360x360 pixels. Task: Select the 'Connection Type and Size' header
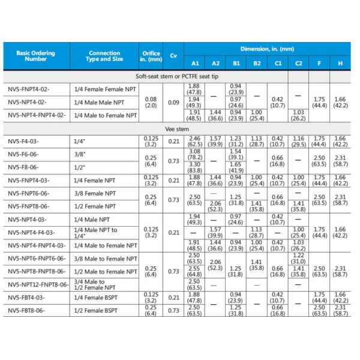[104, 56]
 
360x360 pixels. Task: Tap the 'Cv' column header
[173, 56]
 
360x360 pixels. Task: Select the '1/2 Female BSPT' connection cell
[95, 311]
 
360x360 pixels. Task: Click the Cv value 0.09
[173, 103]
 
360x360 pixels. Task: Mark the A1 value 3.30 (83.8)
[195, 167]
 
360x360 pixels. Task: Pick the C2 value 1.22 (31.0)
[298, 258]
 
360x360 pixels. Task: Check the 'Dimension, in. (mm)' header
[268, 48]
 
